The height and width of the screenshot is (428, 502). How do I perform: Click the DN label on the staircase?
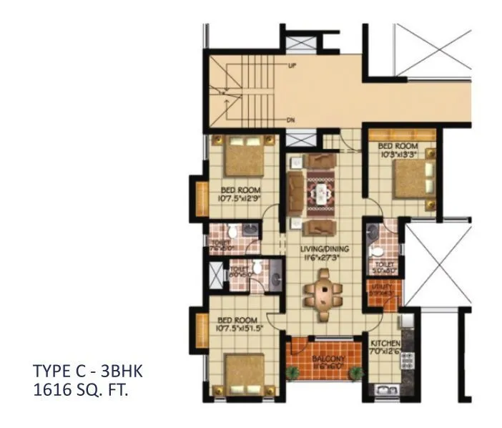(292, 120)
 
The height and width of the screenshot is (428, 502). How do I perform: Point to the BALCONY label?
(328, 358)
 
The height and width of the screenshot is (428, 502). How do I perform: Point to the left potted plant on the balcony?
(291, 373)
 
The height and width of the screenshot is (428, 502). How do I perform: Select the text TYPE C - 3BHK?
(88, 372)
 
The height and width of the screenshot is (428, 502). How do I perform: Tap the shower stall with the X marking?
(215, 276)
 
